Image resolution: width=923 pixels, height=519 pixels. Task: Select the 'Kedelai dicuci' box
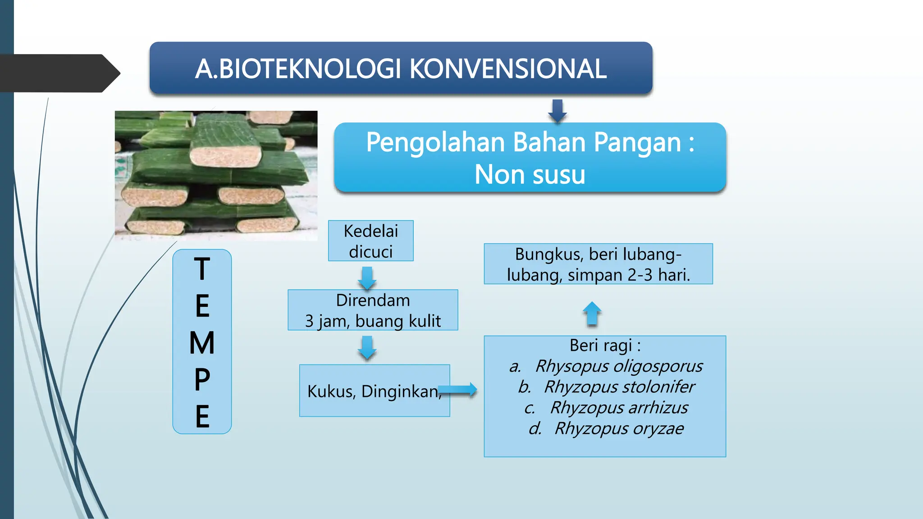[x=370, y=241]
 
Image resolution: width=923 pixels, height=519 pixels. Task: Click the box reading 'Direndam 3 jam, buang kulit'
[x=373, y=310]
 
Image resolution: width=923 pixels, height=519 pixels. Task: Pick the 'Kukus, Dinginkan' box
[x=374, y=391]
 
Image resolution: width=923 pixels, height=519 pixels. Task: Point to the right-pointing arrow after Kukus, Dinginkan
[x=458, y=390]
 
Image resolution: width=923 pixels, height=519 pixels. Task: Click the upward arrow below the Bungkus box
[x=592, y=314]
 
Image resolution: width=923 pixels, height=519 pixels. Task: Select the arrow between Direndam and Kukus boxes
[x=367, y=348]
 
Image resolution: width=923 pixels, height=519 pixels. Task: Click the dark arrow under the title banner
[x=557, y=111]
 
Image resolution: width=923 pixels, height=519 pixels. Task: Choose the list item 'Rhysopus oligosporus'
[x=618, y=366]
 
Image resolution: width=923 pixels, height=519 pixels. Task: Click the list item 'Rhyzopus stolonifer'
[x=619, y=387]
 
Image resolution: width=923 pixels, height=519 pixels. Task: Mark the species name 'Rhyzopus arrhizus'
[x=619, y=408]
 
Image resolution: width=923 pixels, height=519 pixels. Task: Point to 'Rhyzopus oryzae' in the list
[x=619, y=428]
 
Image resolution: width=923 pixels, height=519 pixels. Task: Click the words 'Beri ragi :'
[x=605, y=346]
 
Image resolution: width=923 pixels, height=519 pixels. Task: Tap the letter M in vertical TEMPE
[x=202, y=343]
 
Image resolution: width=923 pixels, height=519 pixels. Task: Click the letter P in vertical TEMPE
[x=202, y=380]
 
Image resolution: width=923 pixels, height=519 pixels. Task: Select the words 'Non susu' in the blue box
[x=530, y=175]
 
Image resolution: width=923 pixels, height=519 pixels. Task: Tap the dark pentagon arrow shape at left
[x=59, y=73]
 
